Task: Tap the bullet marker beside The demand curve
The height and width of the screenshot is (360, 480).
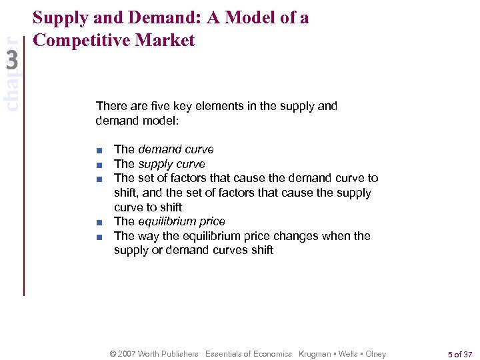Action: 98,150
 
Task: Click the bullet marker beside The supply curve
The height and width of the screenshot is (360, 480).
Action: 98,165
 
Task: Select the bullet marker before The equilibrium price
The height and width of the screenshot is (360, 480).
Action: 98,222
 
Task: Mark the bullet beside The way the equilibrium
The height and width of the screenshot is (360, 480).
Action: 98,237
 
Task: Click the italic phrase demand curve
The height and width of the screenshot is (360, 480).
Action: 176,149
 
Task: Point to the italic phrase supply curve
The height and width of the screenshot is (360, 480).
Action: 171,164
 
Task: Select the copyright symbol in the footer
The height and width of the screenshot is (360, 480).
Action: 113,354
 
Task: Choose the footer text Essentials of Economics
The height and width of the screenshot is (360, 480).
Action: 249,354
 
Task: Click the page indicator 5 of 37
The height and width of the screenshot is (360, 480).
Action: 461,354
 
